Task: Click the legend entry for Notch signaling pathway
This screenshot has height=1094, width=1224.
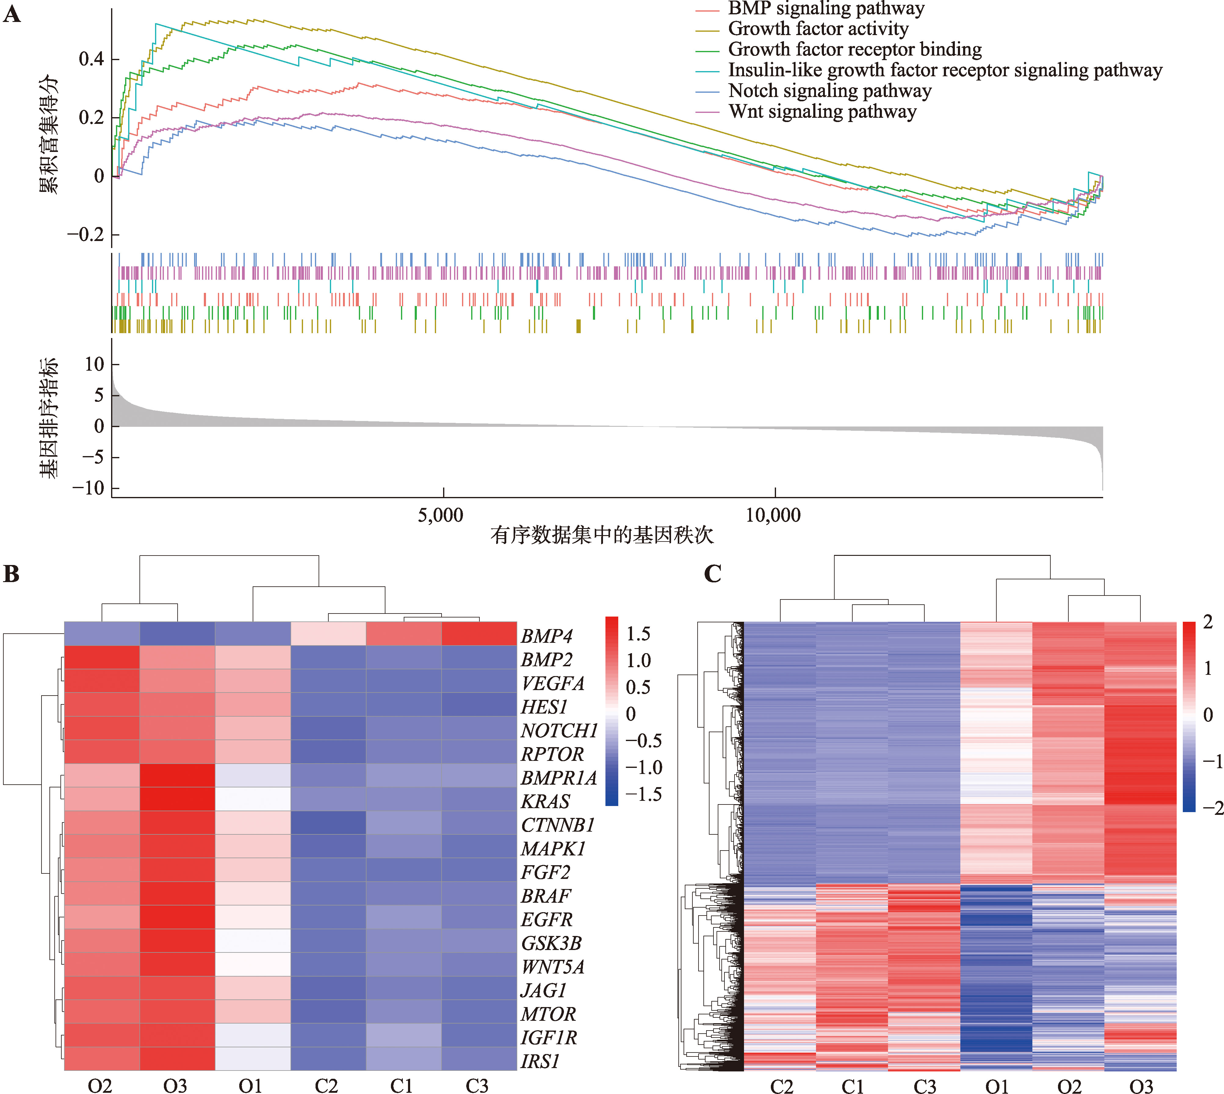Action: pyautogui.click(x=830, y=91)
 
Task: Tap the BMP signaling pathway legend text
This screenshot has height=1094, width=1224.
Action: pyautogui.click(x=826, y=9)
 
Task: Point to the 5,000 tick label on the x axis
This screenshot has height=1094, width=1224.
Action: pyautogui.click(x=441, y=515)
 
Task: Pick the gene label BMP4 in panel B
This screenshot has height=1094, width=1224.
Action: pyautogui.click(x=547, y=636)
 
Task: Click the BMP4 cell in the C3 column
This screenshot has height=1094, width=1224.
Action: pyautogui.click(x=478, y=634)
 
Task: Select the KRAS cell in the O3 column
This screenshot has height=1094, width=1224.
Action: pyautogui.click(x=177, y=799)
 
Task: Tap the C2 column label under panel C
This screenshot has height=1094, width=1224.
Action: pyautogui.click(x=781, y=1085)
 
